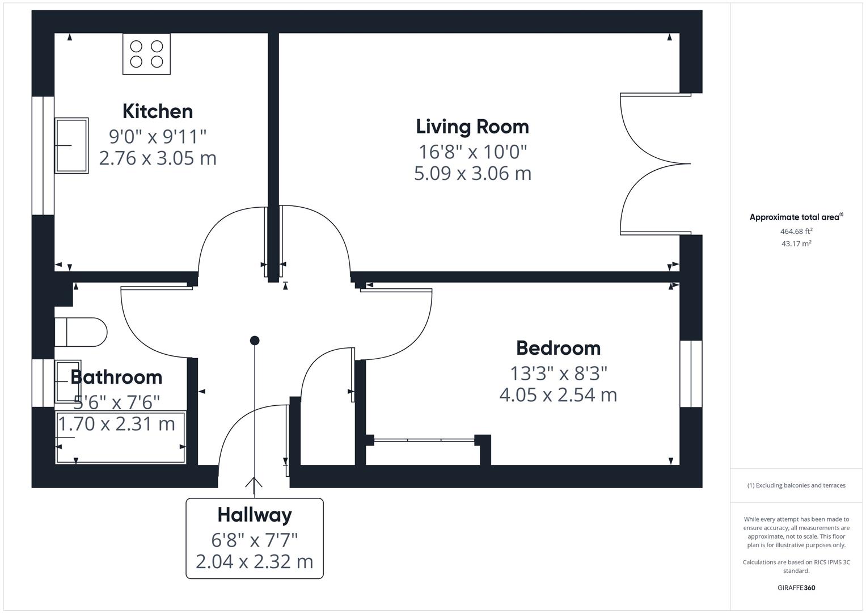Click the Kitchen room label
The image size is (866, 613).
(158, 111)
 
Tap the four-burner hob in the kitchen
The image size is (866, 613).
(146, 54)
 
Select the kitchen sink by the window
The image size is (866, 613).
(71, 145)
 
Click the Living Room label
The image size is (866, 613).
(472, 127)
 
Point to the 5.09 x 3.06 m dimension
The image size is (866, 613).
(472, 173)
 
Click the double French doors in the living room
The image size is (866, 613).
(655, 164)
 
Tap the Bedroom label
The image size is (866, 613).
(558, 348)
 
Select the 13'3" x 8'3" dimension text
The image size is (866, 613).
(558, 373)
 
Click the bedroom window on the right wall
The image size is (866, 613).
(691, 374)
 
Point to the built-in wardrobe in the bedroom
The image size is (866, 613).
(425, 440)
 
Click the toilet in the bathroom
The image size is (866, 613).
(81, 332)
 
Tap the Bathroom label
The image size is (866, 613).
(116, 377)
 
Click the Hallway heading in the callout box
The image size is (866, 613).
(255, 515)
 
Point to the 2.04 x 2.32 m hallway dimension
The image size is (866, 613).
(255, 561)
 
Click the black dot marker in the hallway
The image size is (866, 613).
(255, 341)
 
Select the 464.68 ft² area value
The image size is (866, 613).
(796, 231)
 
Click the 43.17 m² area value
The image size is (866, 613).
(796, 243)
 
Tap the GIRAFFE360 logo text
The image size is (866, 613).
(796, 587)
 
